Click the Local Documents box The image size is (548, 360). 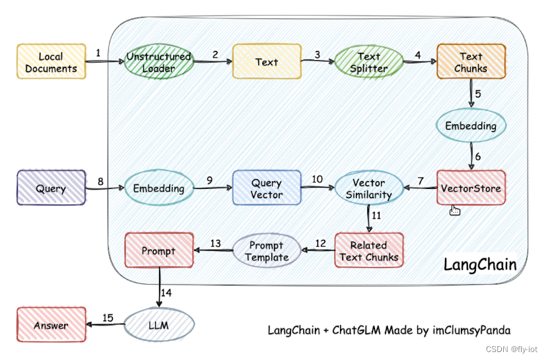click(51, 62)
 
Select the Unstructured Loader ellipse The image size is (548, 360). click(158, 62)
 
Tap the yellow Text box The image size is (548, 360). click(267, 62)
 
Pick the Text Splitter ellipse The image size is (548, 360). click(369, 62)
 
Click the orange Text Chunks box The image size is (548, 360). click(471, 62)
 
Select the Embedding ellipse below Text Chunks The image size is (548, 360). click(471, 125)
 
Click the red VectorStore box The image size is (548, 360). click(471, 188)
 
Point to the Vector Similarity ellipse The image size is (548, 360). click(368, 188)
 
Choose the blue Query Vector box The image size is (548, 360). click(267, 188)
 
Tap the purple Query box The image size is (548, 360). click(51, 188)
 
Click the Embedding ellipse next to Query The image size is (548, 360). click(158, 188)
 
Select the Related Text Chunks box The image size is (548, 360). click(368, 250)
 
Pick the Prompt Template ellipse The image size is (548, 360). click(267, 251)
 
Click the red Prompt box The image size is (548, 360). click(158, 251)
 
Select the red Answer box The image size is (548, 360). click(51, 326)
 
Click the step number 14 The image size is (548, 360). click(166, 292)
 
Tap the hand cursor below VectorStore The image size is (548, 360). click(454, 211)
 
